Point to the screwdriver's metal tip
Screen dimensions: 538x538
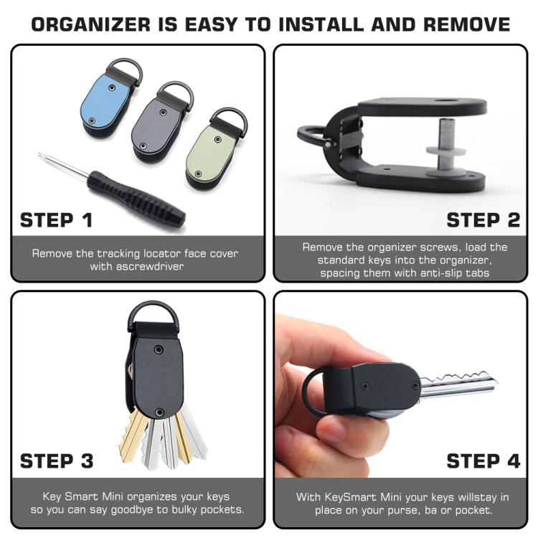[40, 155]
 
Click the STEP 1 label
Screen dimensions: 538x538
[56, 220]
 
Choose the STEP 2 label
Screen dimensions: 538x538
[483, 220]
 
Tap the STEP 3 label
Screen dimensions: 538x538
[57, 461]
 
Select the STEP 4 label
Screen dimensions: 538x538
[483, 461]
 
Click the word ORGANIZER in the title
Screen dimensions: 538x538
[91, 24]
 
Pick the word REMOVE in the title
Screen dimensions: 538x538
[467, 24]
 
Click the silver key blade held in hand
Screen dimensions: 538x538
[458, 385]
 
